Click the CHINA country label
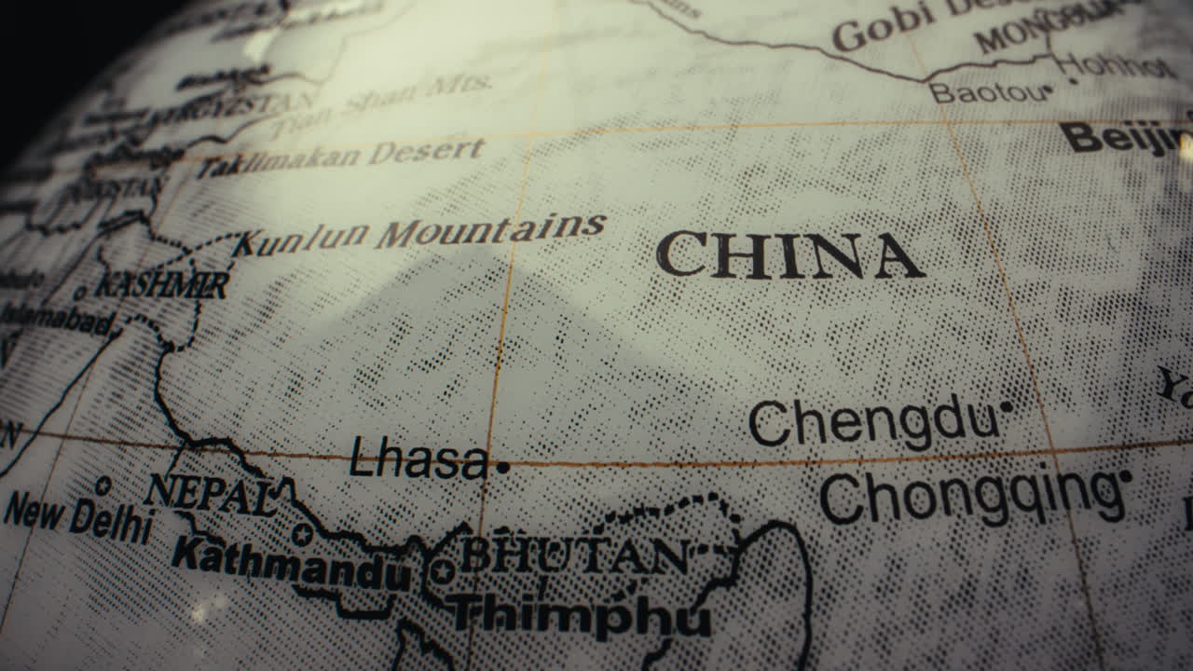point(789,255)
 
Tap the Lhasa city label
point(418,460)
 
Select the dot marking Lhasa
point(503,467)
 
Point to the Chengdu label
point(872,422)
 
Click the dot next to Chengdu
point(1006,406)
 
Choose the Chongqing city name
point(969,497)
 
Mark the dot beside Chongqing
point(1125,476)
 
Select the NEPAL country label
point(212,493)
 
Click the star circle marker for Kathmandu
point(301,534)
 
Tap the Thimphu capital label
point(580,615)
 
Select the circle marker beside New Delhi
point(103,486)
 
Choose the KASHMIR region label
point(162,284)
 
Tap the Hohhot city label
point(1115,65)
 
